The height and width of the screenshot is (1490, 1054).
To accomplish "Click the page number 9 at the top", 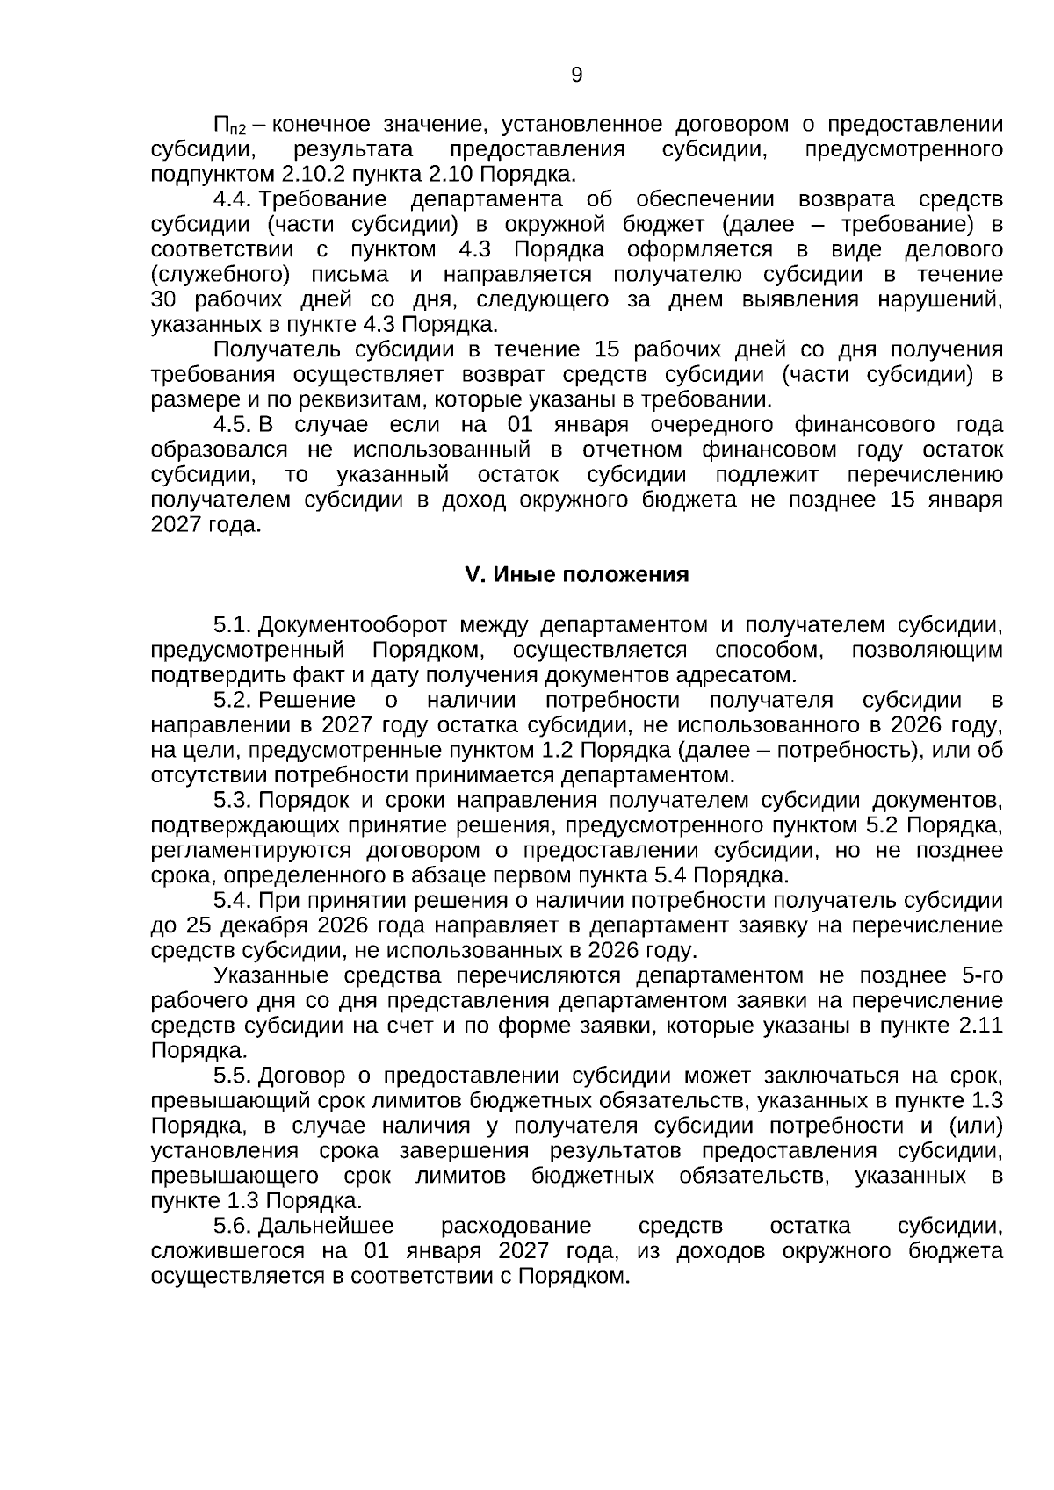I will pos(576,75).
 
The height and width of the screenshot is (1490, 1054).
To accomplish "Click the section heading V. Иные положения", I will pos(576,575).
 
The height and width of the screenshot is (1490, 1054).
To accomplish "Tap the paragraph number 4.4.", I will pos(233,199).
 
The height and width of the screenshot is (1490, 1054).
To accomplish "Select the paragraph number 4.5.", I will pos(233,425).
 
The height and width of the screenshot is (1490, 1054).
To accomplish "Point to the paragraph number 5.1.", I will pos(233,625).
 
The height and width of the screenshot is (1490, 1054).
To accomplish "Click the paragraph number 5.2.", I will pos(233,700).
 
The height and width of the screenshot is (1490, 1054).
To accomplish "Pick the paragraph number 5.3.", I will pos(233,800).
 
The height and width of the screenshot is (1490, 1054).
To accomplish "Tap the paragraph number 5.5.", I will pos(233,1076).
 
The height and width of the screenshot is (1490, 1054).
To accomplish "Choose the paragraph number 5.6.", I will pos(233,1226).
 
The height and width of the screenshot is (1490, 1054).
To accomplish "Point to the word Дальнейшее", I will pos(327,1226).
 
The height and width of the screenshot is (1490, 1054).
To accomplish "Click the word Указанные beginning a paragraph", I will pos(271,975).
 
